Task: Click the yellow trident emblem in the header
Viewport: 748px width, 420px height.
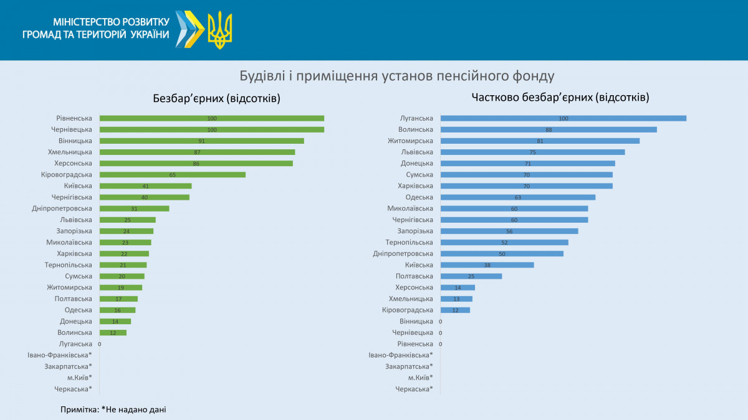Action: pyautogui.click(x=219, y=30)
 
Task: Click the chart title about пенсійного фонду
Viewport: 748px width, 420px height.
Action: pyautogui.click(x=396, y=77)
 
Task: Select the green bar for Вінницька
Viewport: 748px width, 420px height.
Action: pyautogui.click(x=201, y=141)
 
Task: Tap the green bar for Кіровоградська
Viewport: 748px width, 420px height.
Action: pyautogui.click(x=172, y=175)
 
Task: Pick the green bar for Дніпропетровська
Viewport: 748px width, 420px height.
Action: pyautogui.click(x=134, y=208)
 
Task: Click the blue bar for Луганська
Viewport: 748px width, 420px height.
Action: pyautogui.click(x=563, y=118)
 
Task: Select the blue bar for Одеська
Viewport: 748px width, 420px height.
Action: pyautogui.click(x=517, y=197)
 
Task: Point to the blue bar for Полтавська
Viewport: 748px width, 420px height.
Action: pyautogui.click(x=471, y=276)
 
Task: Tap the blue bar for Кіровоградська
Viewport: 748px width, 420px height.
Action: pyautogui.click(x=455, y=310)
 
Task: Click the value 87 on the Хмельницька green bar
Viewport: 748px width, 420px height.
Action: pyautogui.click(x=197, y=152)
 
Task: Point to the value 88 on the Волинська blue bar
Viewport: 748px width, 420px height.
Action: pyautogui.click(x=549, y=129)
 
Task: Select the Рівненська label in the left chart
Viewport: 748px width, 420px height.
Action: pyautogui.click(x=74, y=118)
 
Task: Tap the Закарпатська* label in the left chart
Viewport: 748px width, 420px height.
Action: pyautogui.click(x=68, y=366)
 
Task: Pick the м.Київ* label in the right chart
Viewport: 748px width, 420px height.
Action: pyautogui.click(x=420, y=378)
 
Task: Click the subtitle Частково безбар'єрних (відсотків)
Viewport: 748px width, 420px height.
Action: pyautogui.click(x=560, y=98)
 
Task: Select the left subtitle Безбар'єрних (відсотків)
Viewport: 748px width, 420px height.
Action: pyautogui.click(x=217, y=98)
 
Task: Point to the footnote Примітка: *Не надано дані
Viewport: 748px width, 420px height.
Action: pyautogui.click(x=113, y=409)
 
